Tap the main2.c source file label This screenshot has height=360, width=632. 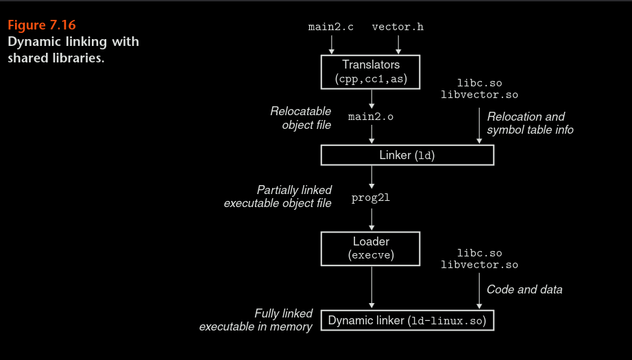point(332,27)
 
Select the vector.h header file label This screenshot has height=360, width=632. point(398,27)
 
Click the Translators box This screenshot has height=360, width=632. point(371,72)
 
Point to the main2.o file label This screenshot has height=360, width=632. point(371,117)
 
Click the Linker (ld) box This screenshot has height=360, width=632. point(407,155)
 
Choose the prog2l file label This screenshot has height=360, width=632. point(371,199)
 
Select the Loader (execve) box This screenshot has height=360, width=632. point(371,248)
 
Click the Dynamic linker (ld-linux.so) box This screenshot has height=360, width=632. point(407,320)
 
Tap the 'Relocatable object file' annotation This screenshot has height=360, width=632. point(300,117)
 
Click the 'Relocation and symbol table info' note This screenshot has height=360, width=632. point(530,123)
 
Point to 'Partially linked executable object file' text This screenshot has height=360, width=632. point(278,196)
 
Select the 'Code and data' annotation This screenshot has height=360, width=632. point(524,289)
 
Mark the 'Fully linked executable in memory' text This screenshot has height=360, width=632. point(256,320)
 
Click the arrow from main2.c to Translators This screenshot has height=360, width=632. point(332,45)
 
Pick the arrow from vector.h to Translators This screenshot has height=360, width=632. point(398,45)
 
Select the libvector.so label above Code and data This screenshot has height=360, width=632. point(480,265)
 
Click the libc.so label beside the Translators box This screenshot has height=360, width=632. point(480,83)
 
